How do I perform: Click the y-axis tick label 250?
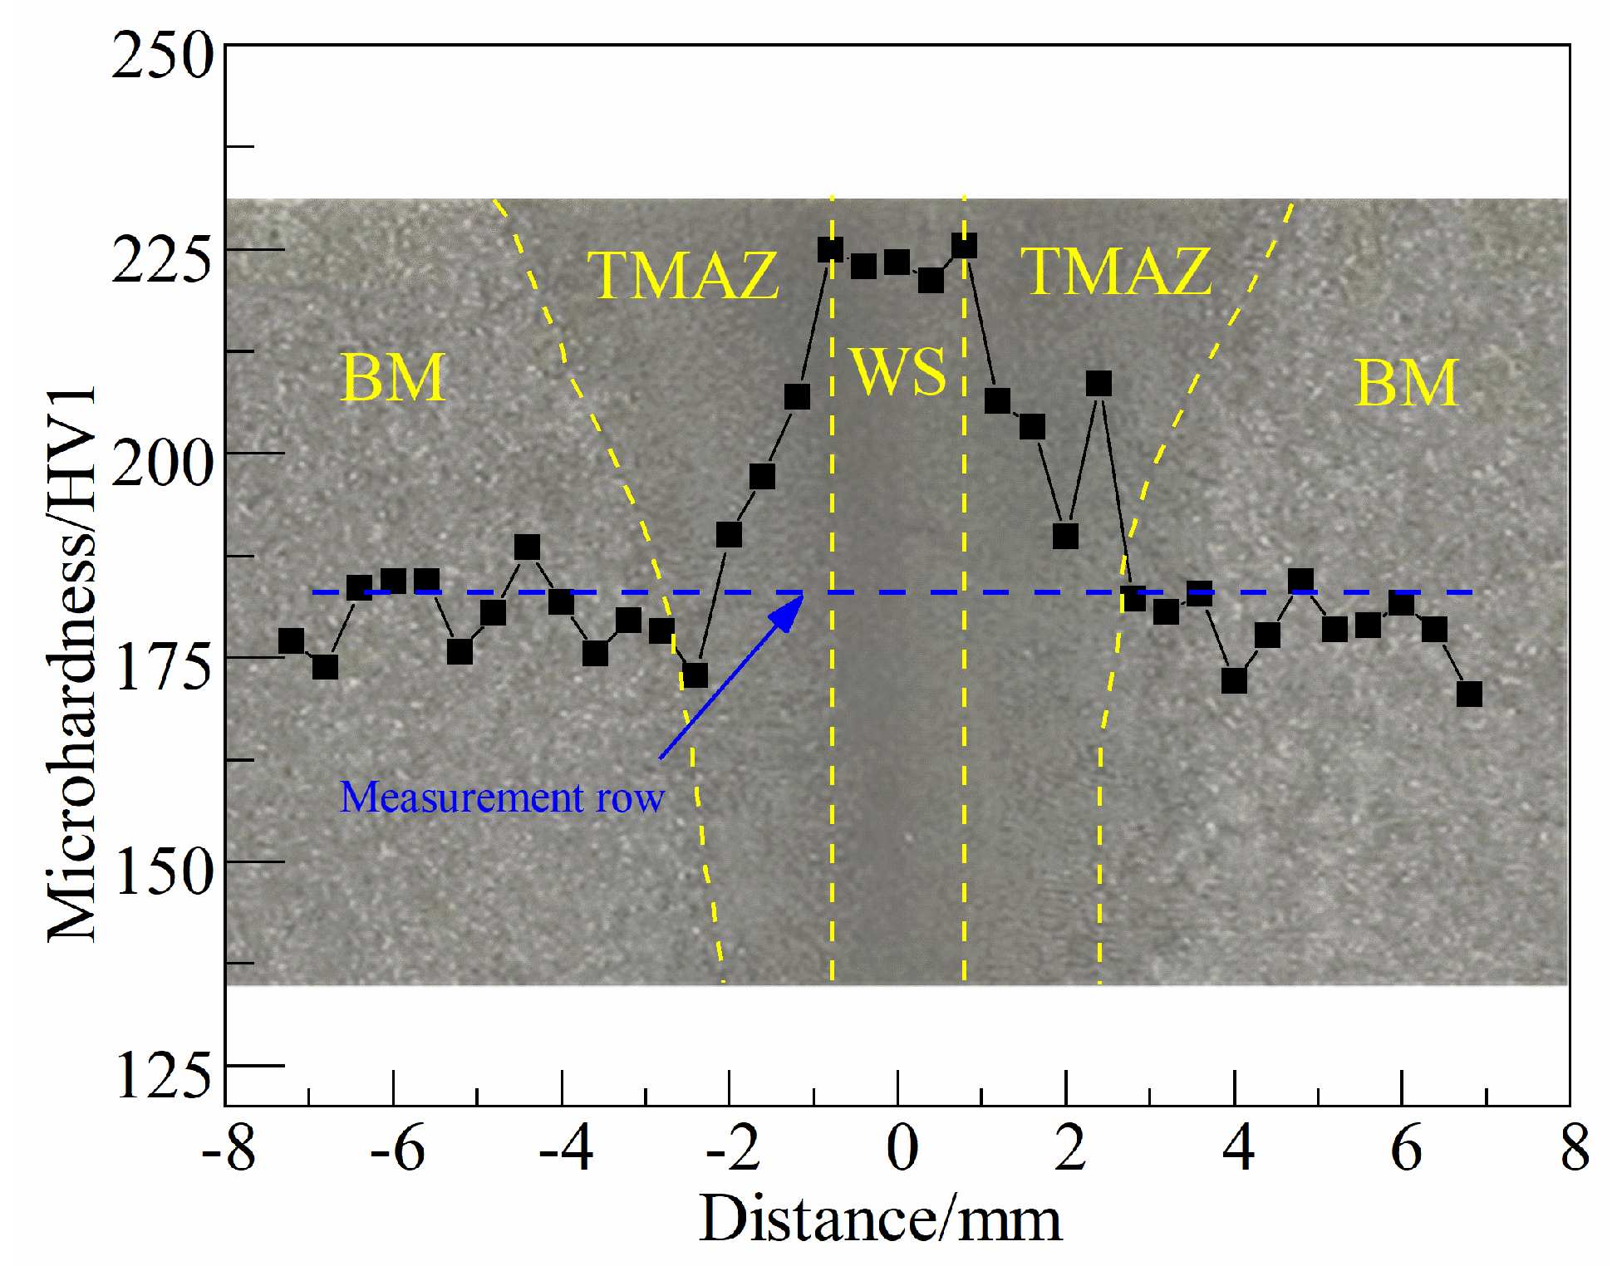pyautogui.click(x=163, y=56)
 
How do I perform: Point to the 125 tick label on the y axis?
pyautogui.click(x=163, y=1075)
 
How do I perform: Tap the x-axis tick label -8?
pyautogui.click(x=229, y=1148)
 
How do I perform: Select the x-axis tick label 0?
pyautogui.click(x=902, y=1148)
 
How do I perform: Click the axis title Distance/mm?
pyautogui.click(x=880, y=1219)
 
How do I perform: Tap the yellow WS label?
pyautogui.click(x=898, y=370)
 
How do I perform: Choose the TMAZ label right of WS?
pyautogui.click(x=1116, y=271)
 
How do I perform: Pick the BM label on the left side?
pyautogui.click(x=394, y=378)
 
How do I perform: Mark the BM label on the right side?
pyautogui.click(x=1407, y=383)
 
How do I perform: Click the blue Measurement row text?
pyautogui.click(x=502, y=797)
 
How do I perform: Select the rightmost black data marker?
pyautogui.click(x=1469, y=694)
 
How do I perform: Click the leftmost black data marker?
pyautogui.click(x=291, y=640)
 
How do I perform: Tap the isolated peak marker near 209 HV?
pyautogui.click(x=1098, y=384)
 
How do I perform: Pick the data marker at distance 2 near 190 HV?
pyautogui.click(x=1065, y=536)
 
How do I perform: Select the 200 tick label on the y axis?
pyautogui.click(x=163, y=464)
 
